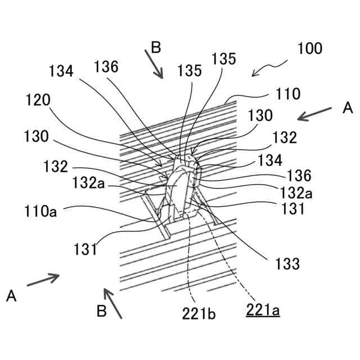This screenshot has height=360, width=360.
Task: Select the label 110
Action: [289, 94]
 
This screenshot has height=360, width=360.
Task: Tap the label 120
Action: [38, 100]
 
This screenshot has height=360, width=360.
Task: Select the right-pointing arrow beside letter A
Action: [43, 280]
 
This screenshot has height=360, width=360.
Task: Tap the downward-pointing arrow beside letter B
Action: [154, 63]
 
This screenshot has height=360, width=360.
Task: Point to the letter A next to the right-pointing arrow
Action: [12, 295]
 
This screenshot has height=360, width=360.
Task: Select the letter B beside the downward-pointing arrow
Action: [156, 48]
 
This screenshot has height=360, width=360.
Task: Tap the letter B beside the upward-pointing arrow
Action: [101, 311]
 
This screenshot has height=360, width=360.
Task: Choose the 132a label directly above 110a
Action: [86, 183]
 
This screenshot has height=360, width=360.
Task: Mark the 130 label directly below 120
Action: [38, 137]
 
